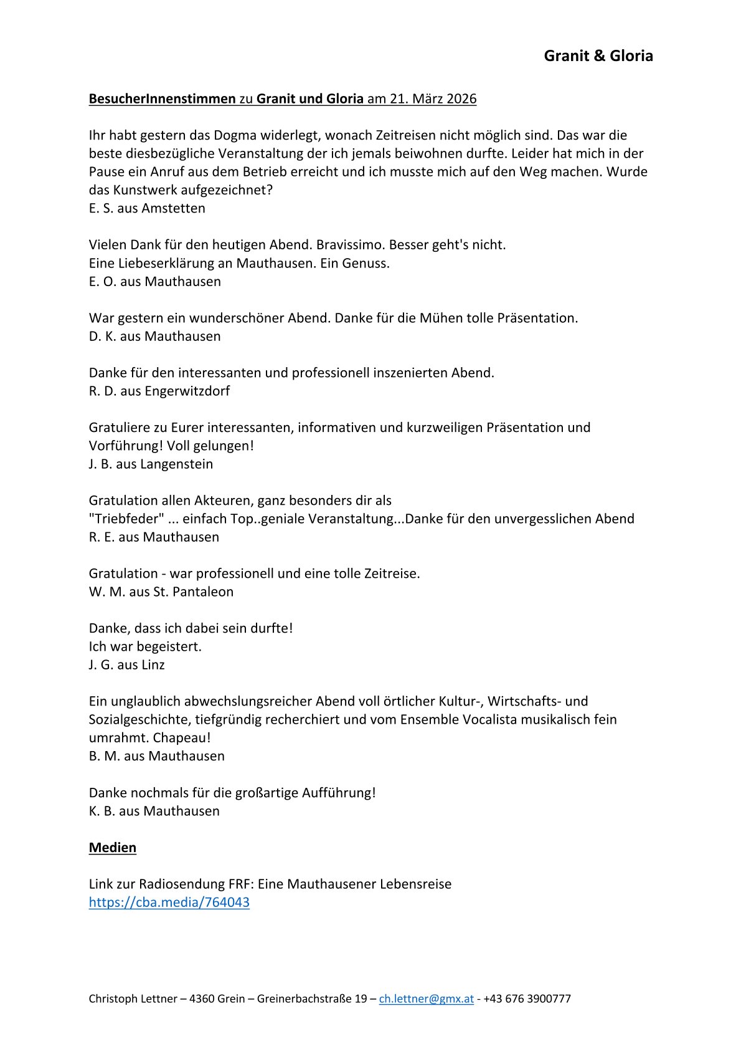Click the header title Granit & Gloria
tap(598, 56)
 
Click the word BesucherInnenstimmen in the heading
tap(162, 98)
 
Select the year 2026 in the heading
tap(461, 98)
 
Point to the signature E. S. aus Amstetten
tap(147, 208)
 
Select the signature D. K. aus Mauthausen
tap(154, 336)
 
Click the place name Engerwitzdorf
tap(187, 391)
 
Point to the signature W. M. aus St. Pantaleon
tap(161, 592)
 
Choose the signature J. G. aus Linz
tap(126, 664)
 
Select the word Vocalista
tap(489, 719)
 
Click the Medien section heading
tap(112, 847)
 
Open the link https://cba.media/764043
tap(169, 902)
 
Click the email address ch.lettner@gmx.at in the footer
tap(426, 999)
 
